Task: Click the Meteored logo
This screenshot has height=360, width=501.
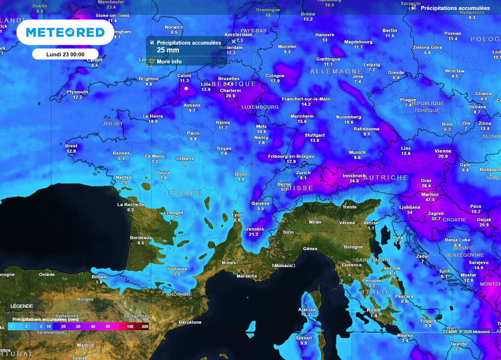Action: pyautogui.click(x=65, y=32)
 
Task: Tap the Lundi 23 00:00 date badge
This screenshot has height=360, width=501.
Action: pyautogui.click(x=65, y=54)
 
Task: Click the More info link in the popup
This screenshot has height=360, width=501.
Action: pyautogui.click(x=169, y=62)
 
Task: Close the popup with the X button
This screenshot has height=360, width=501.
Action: pyautogui.click(x=233, y=41)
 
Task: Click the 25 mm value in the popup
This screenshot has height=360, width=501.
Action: pyautogui.click(x=168, y=50)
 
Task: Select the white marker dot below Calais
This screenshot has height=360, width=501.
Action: pyautogui.click(x=186, y=89)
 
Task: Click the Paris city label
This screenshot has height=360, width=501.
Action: pyautogui.click(x=193, y=133)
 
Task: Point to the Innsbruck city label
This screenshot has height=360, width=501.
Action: pyautogui.click(x=354, y=175)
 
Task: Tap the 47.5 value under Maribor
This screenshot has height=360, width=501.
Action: pyautogui.click(x=430, y=200)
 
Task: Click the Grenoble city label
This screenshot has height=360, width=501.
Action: pyautogui.click(x=253, y=229)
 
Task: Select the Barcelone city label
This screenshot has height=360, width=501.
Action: pyautogui.click(x=190, y=322)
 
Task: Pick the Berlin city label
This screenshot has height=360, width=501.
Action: pyautogui.click(x=389, y=30)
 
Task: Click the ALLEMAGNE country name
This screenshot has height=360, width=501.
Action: pyautogui.click(x=336, y=71)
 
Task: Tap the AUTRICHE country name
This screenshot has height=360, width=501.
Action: pyautogui.click(x=386, y=178)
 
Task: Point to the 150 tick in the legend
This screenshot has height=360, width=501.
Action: pyautogui.click(x=130, y=326)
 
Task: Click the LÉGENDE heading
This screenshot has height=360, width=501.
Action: pyautogui.click(x=22, y=306)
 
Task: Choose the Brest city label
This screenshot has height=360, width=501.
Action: pyautogui.click(x=71, y=146)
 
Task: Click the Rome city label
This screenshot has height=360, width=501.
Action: pyautogui.click(x=373, y=310)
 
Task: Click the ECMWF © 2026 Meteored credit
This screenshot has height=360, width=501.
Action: pyautogui.click(x=466, y=332)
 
